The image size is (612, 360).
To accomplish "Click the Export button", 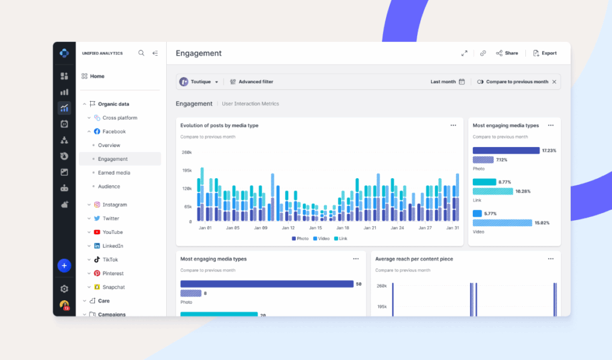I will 544,53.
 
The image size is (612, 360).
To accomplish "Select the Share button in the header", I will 507,53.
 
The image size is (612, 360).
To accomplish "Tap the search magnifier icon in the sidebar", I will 142,53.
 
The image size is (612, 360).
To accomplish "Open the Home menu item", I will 97,77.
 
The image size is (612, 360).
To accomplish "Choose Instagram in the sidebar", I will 114,205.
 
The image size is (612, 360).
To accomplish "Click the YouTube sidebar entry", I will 112,232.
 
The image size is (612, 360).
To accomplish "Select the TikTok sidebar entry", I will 110,260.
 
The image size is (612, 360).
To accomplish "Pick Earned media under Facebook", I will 114,173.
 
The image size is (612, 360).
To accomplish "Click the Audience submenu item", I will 109,187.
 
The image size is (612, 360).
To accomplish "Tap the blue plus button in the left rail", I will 65,266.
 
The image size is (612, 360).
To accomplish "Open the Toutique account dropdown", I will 199,82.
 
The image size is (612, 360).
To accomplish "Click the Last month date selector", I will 448,82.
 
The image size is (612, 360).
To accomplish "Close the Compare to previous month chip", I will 554,82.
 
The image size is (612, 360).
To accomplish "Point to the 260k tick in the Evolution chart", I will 186,152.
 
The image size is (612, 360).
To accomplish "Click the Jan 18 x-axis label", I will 342,228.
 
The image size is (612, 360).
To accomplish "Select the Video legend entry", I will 321,239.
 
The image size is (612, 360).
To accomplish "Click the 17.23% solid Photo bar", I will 506,151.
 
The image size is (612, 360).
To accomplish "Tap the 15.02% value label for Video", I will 542,223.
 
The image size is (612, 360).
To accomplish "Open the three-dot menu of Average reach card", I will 550,259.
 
